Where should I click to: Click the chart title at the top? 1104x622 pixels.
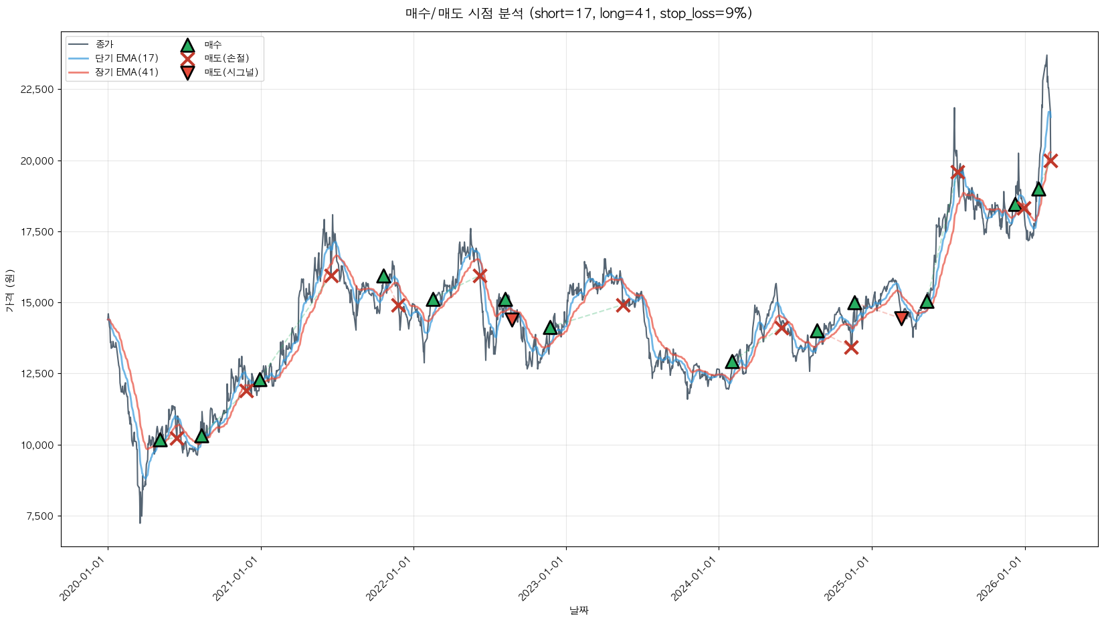579,13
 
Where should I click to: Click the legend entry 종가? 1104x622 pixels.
104,44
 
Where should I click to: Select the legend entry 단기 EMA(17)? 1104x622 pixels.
126,58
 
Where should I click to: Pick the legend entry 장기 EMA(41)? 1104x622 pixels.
126,72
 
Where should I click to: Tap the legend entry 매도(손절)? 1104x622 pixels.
226,58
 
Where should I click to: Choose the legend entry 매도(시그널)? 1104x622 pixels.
231,72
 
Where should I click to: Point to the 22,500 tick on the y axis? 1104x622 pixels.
39,90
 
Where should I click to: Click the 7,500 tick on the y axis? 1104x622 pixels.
41,516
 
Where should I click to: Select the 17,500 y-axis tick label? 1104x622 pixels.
39,232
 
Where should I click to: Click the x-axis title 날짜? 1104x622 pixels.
579,610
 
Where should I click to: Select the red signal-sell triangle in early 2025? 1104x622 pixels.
901,318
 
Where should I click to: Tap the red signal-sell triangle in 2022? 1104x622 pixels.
512,319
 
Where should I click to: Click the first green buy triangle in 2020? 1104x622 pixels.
160,439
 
